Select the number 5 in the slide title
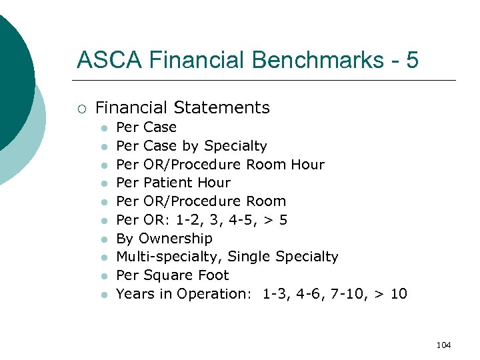click(x=412, y=60)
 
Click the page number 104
click(x=443, y=345)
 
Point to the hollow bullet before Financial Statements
click(x=81, y=108)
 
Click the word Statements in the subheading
click(x=223, y=107)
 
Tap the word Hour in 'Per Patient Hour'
click(x=215, y=183)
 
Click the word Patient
click(x=168, y=183)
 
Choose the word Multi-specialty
click(x=169, y=257)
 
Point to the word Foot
click(x=213, y=275)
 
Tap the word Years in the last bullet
click(x=135, y=294)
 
